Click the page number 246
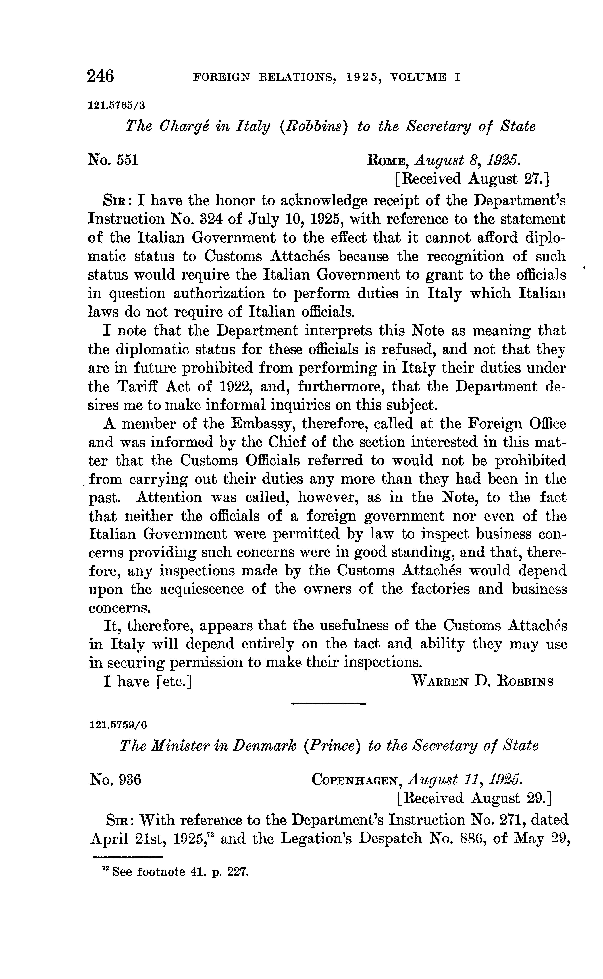tap(101, 76)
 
